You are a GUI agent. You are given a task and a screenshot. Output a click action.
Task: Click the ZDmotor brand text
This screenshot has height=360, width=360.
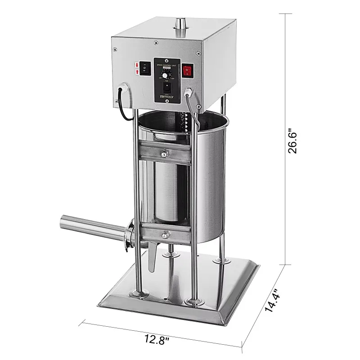coord(167,96)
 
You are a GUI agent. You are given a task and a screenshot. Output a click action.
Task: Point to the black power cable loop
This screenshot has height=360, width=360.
coord(121,106)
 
